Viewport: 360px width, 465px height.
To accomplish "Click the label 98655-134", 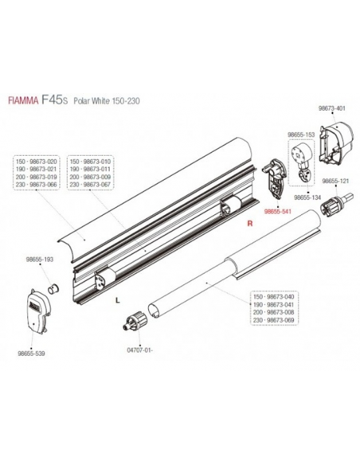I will tap(308, 196).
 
